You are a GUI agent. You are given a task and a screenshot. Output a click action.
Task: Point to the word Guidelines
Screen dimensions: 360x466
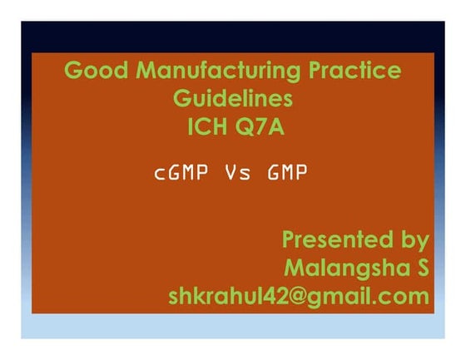232,100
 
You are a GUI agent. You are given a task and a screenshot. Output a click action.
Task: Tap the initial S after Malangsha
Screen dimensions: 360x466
420,268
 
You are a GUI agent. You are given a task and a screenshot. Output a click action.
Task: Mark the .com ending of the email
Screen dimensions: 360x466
402,296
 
